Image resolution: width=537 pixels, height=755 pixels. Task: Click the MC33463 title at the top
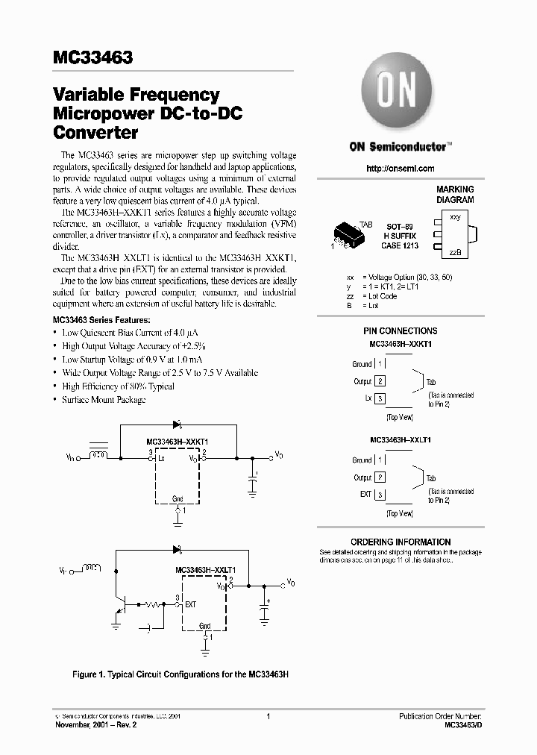(x=93, y=57)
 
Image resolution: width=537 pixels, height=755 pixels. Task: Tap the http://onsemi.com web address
(x=401, y=169)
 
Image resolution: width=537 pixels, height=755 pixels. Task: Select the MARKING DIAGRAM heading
(x=455, y=195)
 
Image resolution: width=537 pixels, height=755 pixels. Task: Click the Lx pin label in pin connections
(x=368, y=398)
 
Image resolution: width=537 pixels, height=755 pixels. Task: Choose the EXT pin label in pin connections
(x=365, y=494)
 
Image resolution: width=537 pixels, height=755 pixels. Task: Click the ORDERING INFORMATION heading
(x=401, y=542)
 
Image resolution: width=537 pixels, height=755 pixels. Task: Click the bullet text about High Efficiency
(x=118, y=386)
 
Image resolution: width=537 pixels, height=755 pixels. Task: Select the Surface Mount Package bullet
(x=104, y=400)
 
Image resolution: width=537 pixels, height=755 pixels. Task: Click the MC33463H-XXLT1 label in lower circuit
(x=205, y=570)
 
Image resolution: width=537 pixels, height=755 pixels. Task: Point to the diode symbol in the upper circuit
(x=178, y=425)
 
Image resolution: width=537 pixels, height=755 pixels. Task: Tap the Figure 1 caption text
(x=180, y=674)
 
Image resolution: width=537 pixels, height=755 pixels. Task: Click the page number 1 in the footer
(x=267, y=716)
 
